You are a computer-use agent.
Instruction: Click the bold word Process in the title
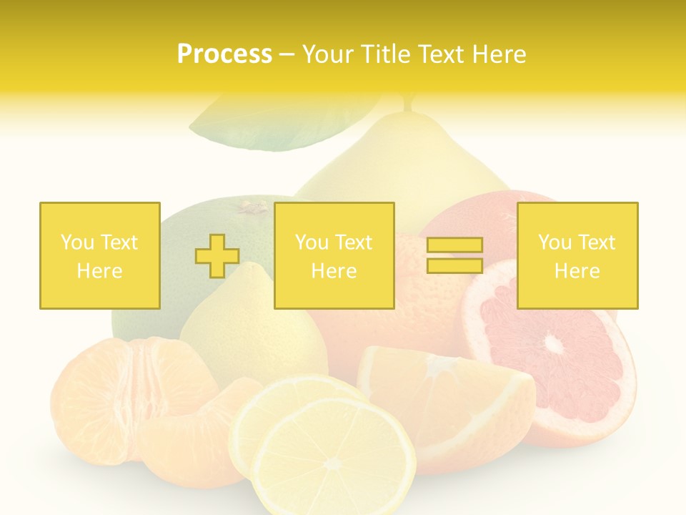(x=224, y=54)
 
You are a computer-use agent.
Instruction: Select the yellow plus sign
(x=217, y=255)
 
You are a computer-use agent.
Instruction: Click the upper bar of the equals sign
(x=454, y=245)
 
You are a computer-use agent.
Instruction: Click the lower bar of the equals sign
(x=454, y=265)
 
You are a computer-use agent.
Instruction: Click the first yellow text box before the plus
(x=99, y=255)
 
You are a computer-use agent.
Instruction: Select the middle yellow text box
(x=334, y=255)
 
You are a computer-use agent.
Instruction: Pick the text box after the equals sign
(x=577, y=255)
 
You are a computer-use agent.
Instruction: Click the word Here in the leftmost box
(x=99, y=271)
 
